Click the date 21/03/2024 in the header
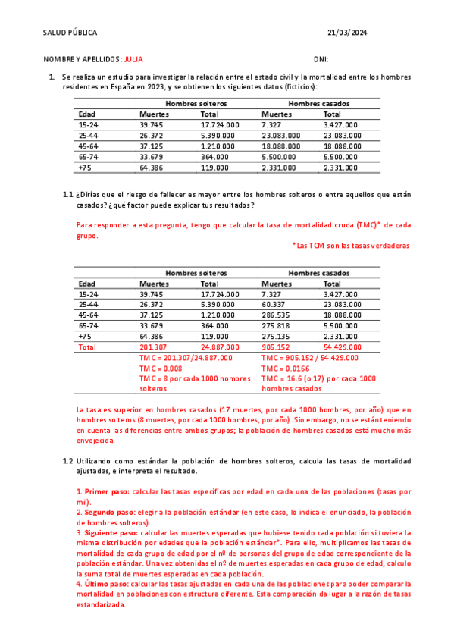347,33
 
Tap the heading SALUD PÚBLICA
70,33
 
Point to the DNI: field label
321,58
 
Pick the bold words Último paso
105,584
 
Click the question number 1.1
67,194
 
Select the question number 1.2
67,460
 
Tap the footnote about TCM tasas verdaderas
351,246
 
